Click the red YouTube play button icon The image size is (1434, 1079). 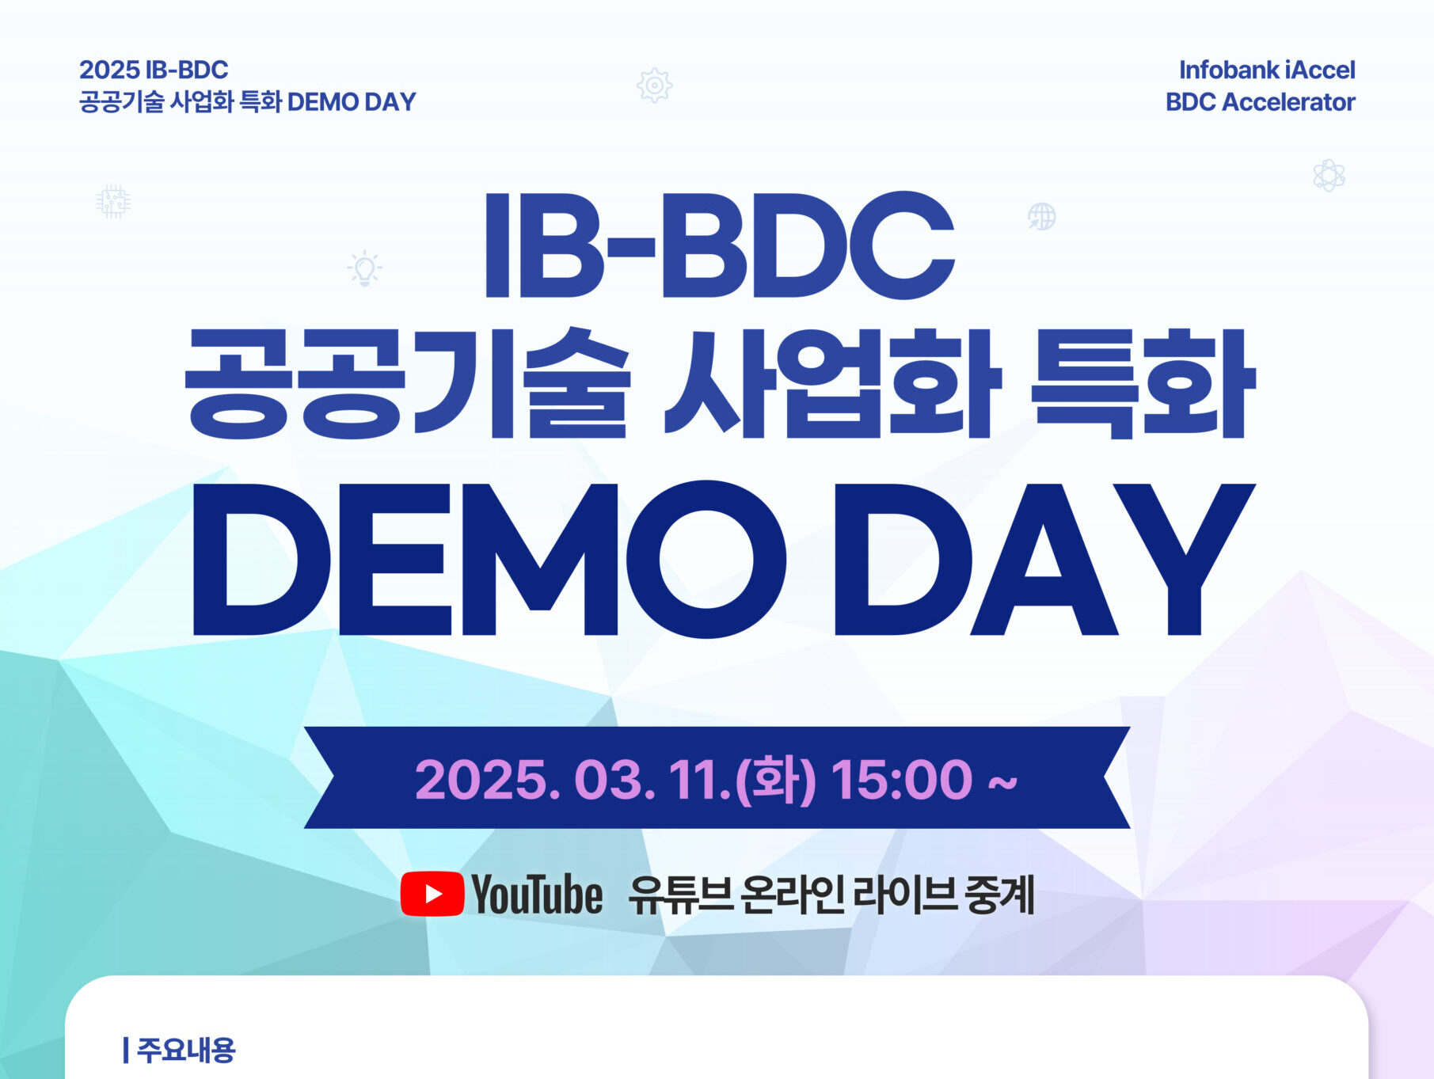click(432, 894)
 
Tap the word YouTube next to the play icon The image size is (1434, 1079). click(537, 895)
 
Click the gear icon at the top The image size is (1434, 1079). click(654, 85)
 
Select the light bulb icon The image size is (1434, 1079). click(364, 268)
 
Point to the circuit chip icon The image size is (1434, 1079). click(113, 201)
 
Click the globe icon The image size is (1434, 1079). click(1041, 216)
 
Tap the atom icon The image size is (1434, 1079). click(1329, 175)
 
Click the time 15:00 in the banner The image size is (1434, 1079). click(901, 780)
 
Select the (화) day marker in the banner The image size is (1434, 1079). click(775, 780)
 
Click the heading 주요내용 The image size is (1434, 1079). click(186, 1050)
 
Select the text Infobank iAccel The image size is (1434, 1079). click(1267, 70)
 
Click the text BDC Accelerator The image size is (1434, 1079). click(1260, 102)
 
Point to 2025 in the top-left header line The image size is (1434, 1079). click(109, 70)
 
